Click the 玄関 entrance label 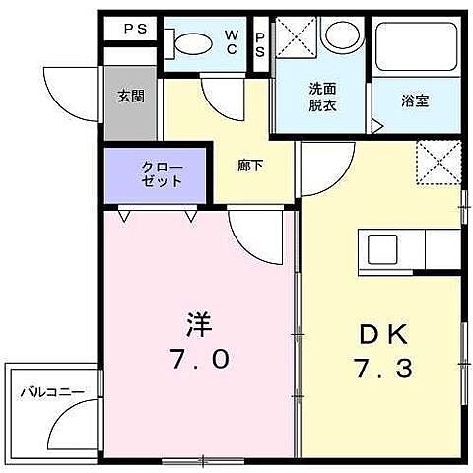point(132,96)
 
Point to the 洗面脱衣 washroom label point(322,97)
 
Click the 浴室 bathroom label point(415,100)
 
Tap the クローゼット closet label point(159,174)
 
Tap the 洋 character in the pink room point(200,322)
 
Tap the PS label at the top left point(134,30)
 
